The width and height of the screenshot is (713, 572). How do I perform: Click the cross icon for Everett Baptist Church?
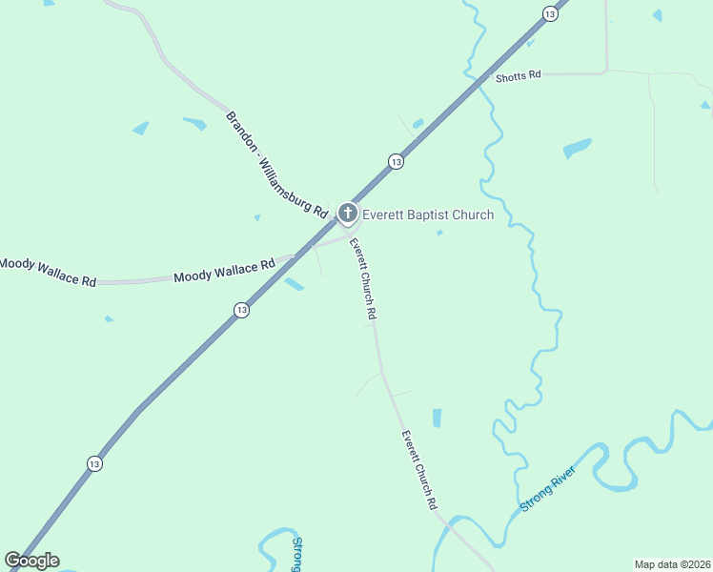click(348, 214)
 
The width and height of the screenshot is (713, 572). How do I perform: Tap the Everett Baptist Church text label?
click(428, 214)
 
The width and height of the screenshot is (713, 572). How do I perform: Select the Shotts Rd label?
click(519, 76)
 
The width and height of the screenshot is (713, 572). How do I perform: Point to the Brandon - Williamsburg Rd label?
click(277, 163)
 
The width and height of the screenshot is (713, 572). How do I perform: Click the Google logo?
click(31, 561)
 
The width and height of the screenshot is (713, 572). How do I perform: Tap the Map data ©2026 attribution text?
click(673, 564)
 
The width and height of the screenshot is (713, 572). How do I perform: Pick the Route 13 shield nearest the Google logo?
click(93, 463)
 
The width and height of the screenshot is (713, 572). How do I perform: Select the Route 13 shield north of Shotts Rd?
click(550, 12)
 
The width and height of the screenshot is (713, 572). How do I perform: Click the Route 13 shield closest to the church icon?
click(396, 162)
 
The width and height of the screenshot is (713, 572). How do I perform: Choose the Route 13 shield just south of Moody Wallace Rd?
click(241, 310)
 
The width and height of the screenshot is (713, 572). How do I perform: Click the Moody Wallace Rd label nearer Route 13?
click(224, 271)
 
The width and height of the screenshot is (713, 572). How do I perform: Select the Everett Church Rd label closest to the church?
click(363, 276)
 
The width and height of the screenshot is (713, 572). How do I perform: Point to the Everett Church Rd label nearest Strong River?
click(418, 470)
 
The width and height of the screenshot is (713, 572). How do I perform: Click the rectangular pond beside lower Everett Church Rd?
click(437, 418)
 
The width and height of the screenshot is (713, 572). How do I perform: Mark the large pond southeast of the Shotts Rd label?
click(577, 148)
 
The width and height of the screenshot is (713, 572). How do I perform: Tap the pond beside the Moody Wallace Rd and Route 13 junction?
click(294, 284)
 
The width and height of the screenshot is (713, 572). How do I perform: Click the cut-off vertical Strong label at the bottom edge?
click(296, 555)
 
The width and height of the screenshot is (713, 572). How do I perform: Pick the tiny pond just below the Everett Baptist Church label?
click(439, 232)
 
